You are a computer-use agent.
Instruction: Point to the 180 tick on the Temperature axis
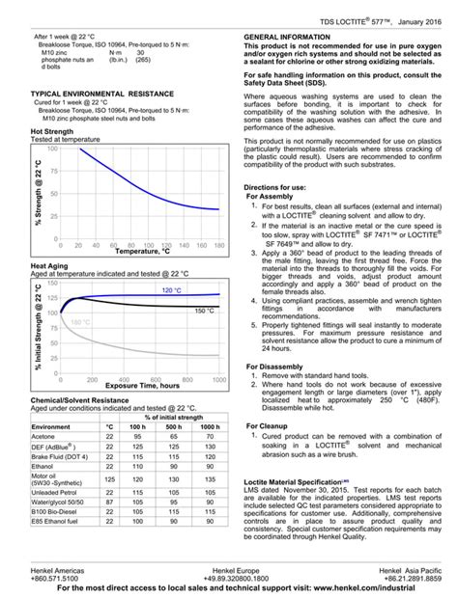coord(219,245)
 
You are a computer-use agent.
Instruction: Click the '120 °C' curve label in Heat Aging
coord(171,290)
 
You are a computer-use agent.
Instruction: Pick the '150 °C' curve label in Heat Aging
coord(204,311)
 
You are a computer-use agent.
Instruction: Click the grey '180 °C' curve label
coord(80,322)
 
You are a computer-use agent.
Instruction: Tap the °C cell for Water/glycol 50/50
coord(109,503)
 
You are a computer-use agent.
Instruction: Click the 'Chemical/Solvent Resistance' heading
coord(80,398)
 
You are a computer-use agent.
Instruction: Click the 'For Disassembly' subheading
coord(281,367)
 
